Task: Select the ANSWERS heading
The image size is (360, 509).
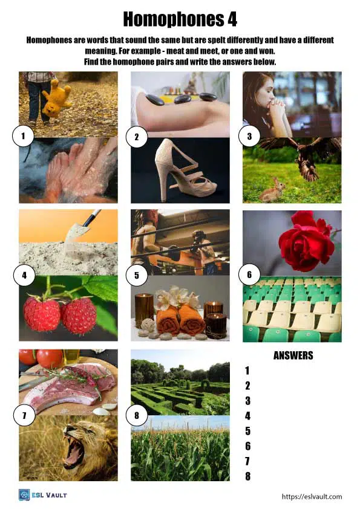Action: tap(293, 355)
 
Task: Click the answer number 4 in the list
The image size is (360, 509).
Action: tap(247, 416)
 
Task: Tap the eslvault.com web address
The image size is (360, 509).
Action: tap(312, 496)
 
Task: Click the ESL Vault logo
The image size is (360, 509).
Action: tap(42, 495)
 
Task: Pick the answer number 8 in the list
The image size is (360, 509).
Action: tap(247, 476)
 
